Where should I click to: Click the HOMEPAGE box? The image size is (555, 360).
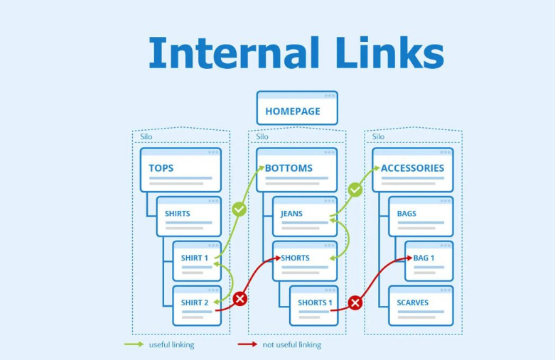point(297,108)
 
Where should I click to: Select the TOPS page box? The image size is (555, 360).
point(180,170)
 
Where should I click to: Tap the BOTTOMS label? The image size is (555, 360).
point(289,168)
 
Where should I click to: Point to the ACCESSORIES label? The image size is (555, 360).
point(412,168)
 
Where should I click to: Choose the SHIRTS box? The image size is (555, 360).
point(188,217)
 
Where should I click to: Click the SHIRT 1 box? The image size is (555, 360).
point(197,261)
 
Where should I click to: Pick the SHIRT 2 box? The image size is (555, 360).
point(197,305)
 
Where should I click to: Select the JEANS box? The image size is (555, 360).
point(305,217)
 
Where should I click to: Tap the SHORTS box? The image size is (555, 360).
point(305,261)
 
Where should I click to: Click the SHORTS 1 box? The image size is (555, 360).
point(313,305)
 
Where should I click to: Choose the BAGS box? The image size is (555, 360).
point(421,217)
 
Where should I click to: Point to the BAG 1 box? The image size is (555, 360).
point(429,261)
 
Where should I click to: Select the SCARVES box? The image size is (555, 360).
point(421,305)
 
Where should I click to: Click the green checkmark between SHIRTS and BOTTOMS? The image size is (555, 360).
point(239,209)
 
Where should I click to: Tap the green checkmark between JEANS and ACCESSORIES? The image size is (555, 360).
point(355,190)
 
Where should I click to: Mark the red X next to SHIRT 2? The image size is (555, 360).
point(240,299)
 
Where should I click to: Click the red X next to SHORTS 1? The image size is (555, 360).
point(355,302)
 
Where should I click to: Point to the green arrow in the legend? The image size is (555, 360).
point(134,344)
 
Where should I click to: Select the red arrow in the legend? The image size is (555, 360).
point(247,344)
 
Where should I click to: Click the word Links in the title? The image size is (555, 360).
point(389,53)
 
